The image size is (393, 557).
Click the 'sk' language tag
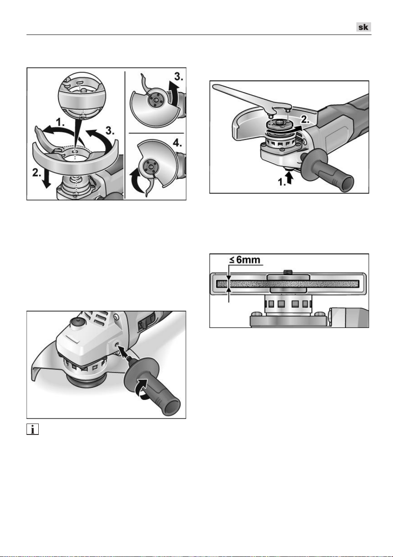click(x=364, y=27)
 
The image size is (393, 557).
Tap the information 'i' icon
click(x=32, y=429)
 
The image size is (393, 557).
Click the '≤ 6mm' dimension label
click(x=245, y=260)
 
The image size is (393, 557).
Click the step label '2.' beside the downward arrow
click(x=37, y=173)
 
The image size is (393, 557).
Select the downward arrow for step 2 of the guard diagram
click(x=46, y=179)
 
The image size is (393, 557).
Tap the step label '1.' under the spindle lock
click(x=281, y=182)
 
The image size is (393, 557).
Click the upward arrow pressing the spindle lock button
click(x=289, y=179)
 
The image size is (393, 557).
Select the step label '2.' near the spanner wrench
click(x=305, y=120)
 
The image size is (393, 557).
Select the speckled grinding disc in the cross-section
click(x=288, y=283)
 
